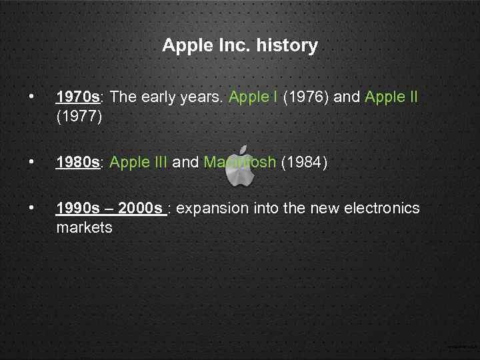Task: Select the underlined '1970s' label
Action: (77, 97)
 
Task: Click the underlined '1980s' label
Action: (77, 163)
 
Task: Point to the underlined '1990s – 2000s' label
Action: (111, 209)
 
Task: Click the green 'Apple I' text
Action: (253, 97)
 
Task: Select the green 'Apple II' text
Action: (391, 97)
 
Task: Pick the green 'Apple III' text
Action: (139, 163)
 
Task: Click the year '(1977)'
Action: (79, 117)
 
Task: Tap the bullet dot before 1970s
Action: (31, 97)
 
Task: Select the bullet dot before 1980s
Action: (31, 163)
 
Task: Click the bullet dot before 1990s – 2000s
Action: (31, 209)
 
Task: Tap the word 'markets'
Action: (84, 228)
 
